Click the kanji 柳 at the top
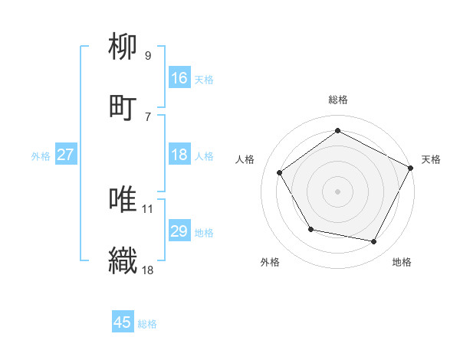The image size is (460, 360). [x=123, y=47]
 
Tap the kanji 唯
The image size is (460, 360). [x=123, y=199]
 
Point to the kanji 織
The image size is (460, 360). [x=123, y=259]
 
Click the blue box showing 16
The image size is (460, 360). [x=179, y=78]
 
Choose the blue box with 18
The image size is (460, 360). [x=179, y=155]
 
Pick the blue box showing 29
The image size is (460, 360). [x=179, y=231]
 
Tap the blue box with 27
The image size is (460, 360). [x=65, y=155]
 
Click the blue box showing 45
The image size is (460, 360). [x=123, y=322]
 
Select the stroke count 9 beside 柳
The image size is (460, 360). [x=148, y=55]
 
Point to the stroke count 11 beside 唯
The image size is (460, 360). [x=148, y=208]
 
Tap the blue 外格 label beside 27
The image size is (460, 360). [x=41, y=155]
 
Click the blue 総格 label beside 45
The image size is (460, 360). [x=147, y=324]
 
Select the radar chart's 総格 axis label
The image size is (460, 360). [x=338, y=100]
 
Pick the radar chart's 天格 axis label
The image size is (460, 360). [x=431, y=159]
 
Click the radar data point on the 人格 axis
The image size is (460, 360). [x=280, y=172]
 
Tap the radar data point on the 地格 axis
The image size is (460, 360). [x=374, y=241]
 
